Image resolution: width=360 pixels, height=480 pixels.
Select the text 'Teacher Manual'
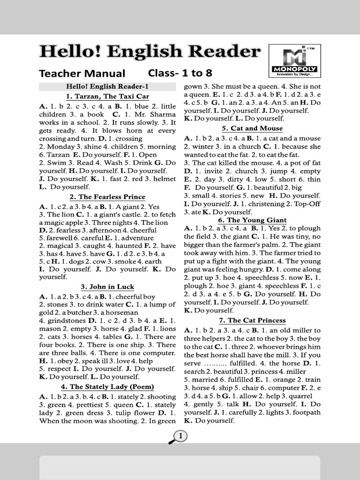(x=82, y=74)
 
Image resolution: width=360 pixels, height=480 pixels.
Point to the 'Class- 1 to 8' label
(x=180, y=73)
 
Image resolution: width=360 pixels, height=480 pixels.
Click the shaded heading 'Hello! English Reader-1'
(x=107, y=86)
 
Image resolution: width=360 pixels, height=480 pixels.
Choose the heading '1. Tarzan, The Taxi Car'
(x=107, y=97)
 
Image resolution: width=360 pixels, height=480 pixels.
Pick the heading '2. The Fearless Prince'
(x=107, y=197)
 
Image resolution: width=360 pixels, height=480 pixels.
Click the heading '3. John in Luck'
(x=107, y=287)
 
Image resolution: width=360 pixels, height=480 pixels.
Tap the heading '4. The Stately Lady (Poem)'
(x=107, y=387)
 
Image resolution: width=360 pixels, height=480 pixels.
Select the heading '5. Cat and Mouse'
(x=252, y=128)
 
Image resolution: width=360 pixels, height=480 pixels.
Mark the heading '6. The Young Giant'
(x=252, y=220)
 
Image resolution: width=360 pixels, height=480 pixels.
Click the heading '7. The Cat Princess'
(x=252, y=321)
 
